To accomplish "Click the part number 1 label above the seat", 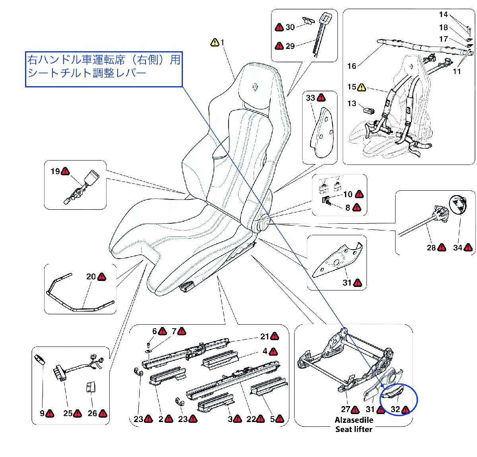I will tap(223, 42).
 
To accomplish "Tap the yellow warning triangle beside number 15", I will tap(361, 87).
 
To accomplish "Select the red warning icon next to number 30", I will tap(279, 27).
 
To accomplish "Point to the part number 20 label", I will tap(91, 277).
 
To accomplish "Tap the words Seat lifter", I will tap(354, 429).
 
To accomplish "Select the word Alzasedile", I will tap(354, 420).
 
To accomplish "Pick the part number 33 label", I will tap(310, 98).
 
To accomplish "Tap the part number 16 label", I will tap(352, 66).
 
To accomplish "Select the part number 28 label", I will tap(431, 248).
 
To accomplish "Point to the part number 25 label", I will tap(68, 413).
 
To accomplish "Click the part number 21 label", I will tap(265, 337).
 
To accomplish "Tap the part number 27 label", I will tap(345, 409).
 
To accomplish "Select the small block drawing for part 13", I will tap(368, 110).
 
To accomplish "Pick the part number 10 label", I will tap(348, 194).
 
